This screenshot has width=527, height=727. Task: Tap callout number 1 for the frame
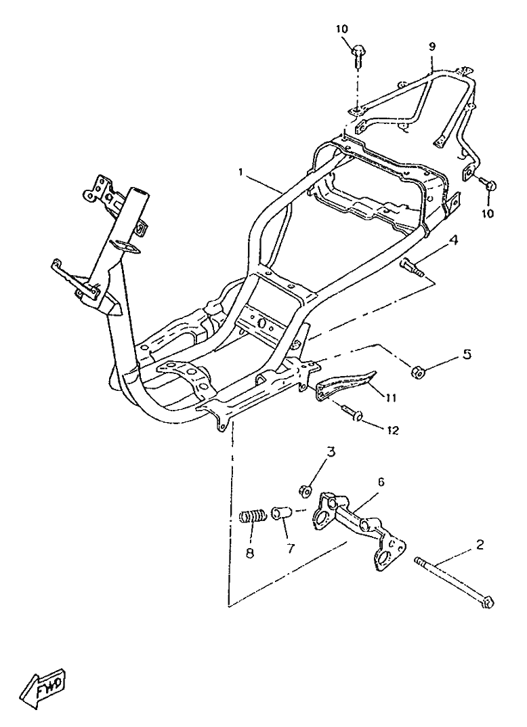[x=240, y=172]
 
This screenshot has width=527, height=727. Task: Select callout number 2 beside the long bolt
[x=480, y=544]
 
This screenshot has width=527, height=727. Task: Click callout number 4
[x=455, y=241]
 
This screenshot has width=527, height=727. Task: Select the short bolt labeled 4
[x=411, y=268]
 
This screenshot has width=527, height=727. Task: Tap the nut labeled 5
[x=417, y=371]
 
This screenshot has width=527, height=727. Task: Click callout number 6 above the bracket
[x=380, y=482]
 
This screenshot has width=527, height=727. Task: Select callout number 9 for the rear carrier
[x=432, y=46]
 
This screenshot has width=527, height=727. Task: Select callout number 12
[x=393, y=431]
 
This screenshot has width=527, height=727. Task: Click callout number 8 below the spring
[x=250, y=553]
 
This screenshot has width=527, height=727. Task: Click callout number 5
[x=467, y=354]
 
